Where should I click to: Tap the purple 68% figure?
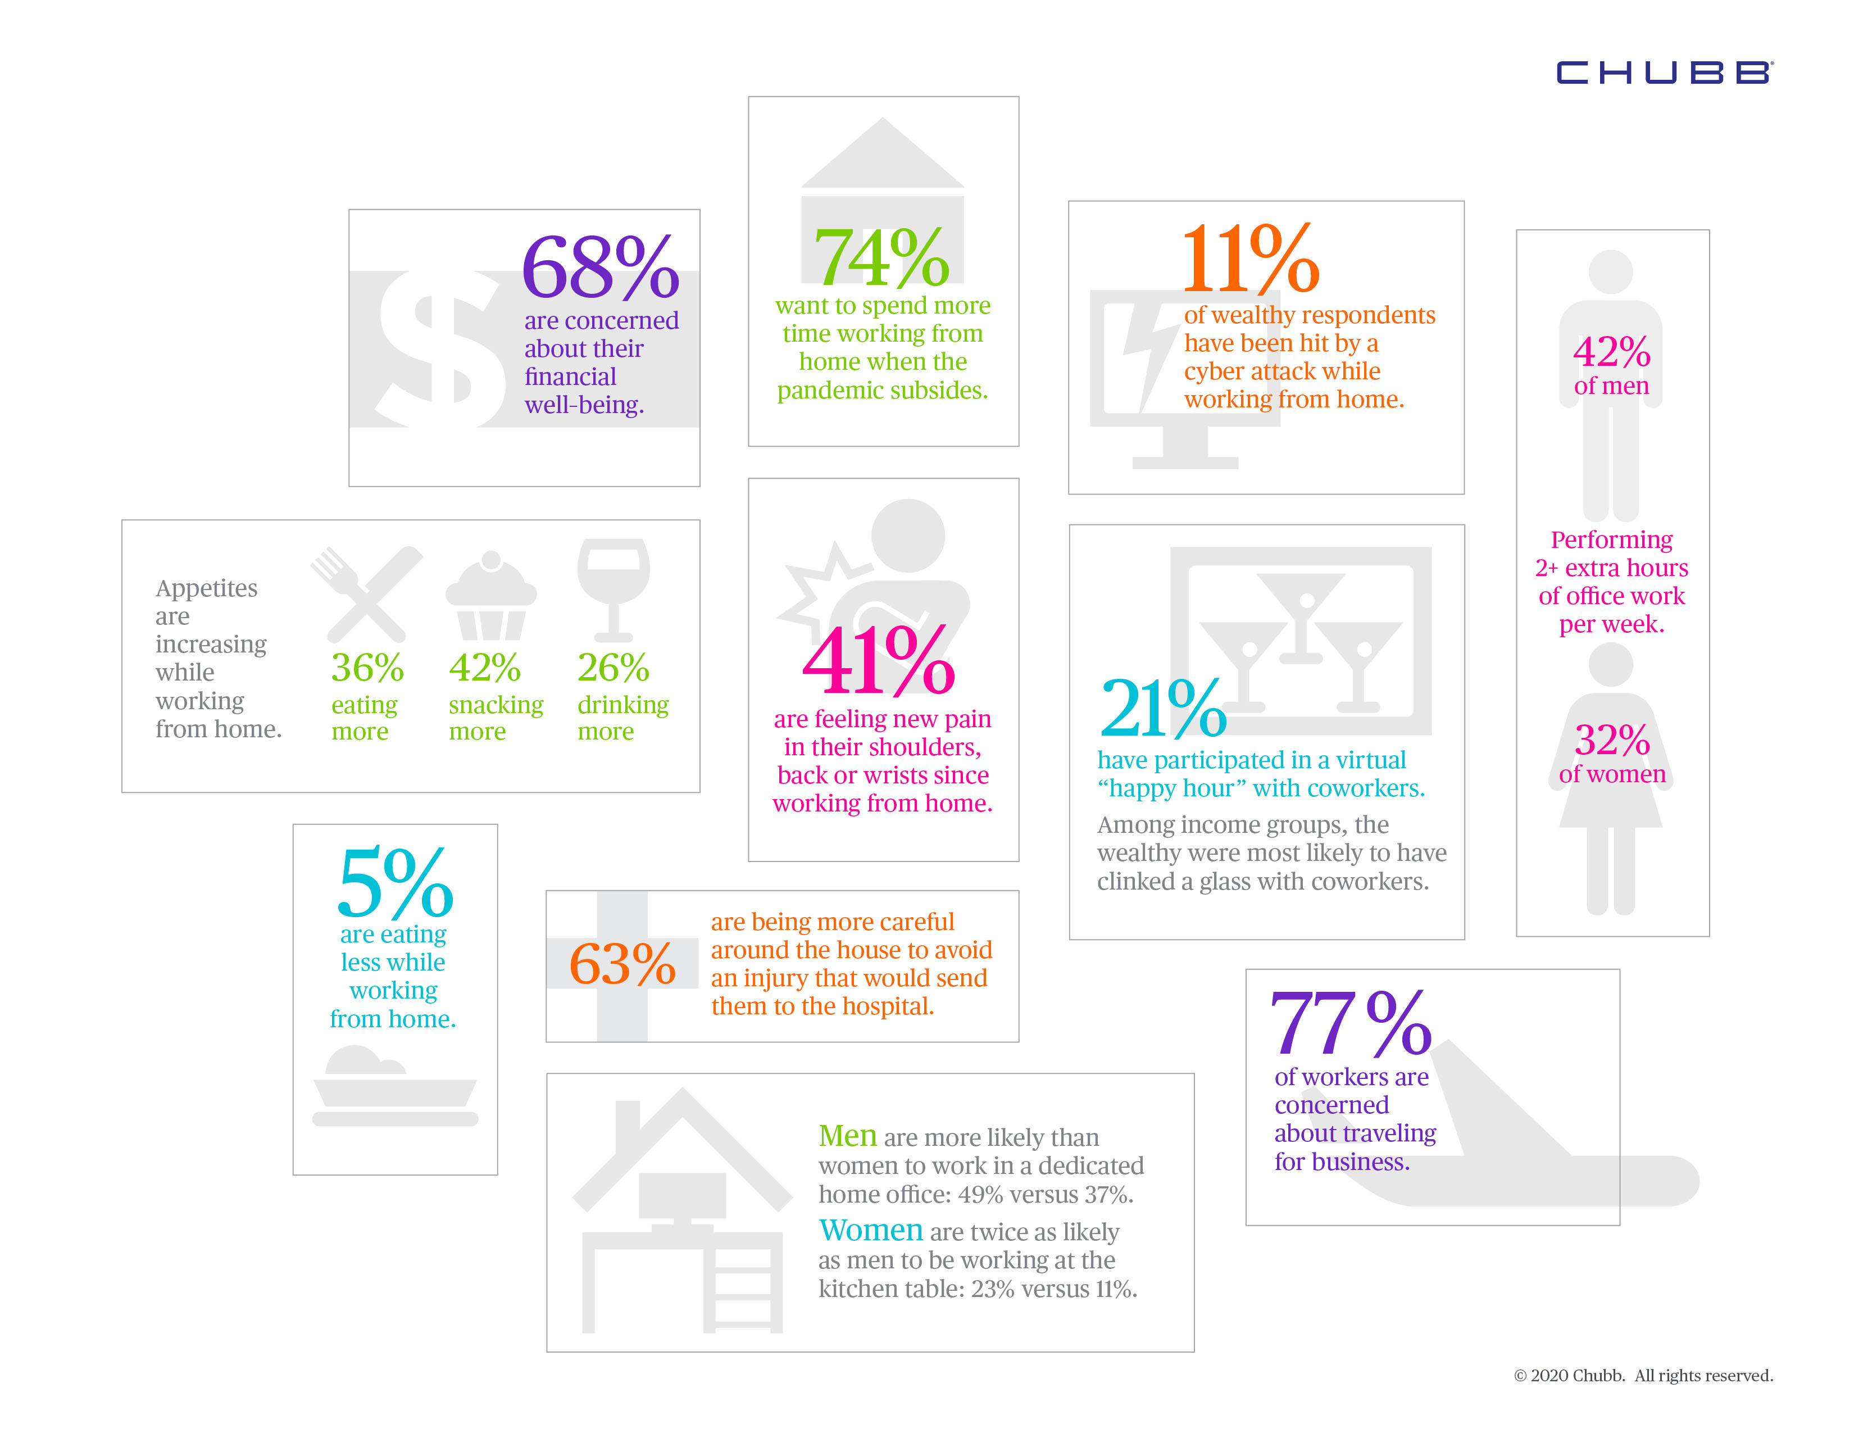pyautogui.click(x=600, y=267)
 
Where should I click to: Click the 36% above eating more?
pyautogui.click(x=367, y=668)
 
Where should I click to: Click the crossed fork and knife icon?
pyautogui.click(x=367, y=593)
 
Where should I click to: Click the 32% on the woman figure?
pyautogui.click(x=1612, y=740)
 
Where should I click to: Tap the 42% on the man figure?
pyautogui.click(x=1611, y=351)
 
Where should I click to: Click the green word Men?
pyautogui.click(x=847, y=1136)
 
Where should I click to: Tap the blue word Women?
pyautogui.click(x=870, y=1230)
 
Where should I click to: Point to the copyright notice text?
pyautogui.click(x=1643, y=1375)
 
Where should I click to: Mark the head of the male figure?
pyautogui.click(x=1610, y=273)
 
